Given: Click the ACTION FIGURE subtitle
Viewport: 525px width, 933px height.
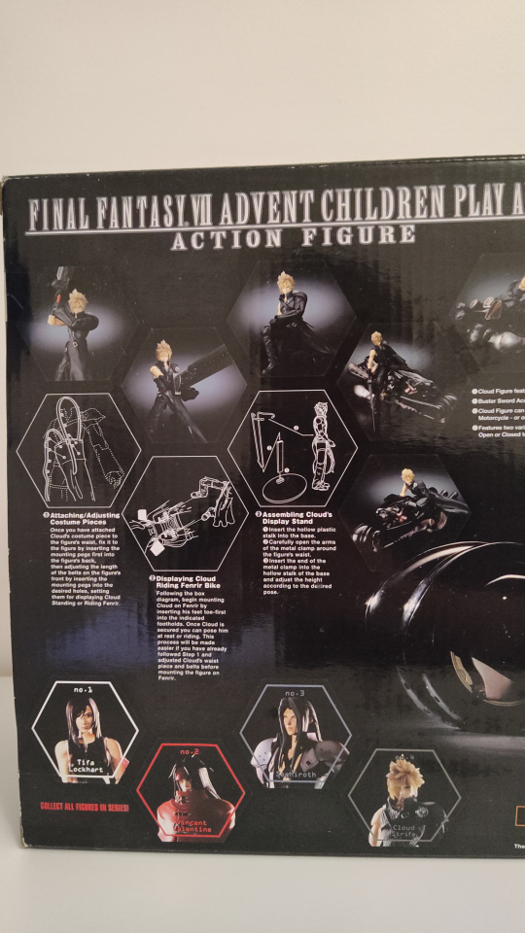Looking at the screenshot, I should (293, 236).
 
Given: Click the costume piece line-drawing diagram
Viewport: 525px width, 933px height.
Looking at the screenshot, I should (76, 449).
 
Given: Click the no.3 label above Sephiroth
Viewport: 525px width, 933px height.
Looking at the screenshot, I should (295, 693).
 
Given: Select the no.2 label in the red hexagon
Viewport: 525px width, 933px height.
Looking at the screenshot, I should (189, 752).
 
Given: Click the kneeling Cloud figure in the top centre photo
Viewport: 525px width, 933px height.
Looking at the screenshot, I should (291, 322).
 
